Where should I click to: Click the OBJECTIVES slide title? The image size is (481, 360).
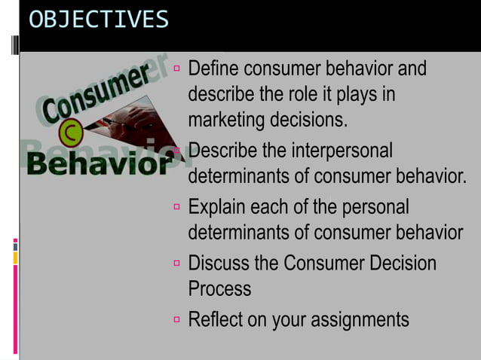point(99,20)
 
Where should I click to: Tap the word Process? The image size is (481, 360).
point(219,288)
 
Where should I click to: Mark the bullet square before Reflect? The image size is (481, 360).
point(177,319)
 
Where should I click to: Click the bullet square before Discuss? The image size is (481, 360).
point(177,264)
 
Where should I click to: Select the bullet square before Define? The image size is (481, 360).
point(177,69)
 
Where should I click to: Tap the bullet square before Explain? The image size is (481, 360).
point(177,206)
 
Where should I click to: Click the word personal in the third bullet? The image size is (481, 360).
point(374,206)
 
